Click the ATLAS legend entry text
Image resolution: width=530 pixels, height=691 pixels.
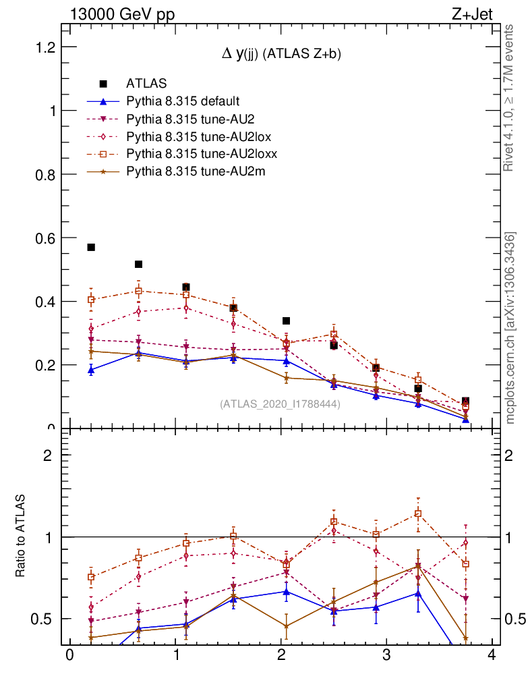(x=146, y=84)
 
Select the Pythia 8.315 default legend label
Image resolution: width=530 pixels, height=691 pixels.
(x=183, y=101)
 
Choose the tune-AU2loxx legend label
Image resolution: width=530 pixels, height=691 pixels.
(x=202, y=154)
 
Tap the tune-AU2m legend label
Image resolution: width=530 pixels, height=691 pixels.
(x=196, y=171)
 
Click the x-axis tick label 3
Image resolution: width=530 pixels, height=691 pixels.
(x=387, y=657)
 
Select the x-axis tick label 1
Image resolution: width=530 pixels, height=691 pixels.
(x=175, y=657)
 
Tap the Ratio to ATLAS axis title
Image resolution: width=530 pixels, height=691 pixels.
(x=21, y=536)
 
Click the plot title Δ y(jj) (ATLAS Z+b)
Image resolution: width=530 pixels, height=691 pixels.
(x=282, y=55)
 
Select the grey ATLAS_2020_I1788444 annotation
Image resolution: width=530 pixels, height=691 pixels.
(x=280, y=404)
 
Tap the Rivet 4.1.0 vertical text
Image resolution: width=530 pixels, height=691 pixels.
(x=510, y=98)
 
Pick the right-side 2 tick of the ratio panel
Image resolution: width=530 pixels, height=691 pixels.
(x=512, y=455)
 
